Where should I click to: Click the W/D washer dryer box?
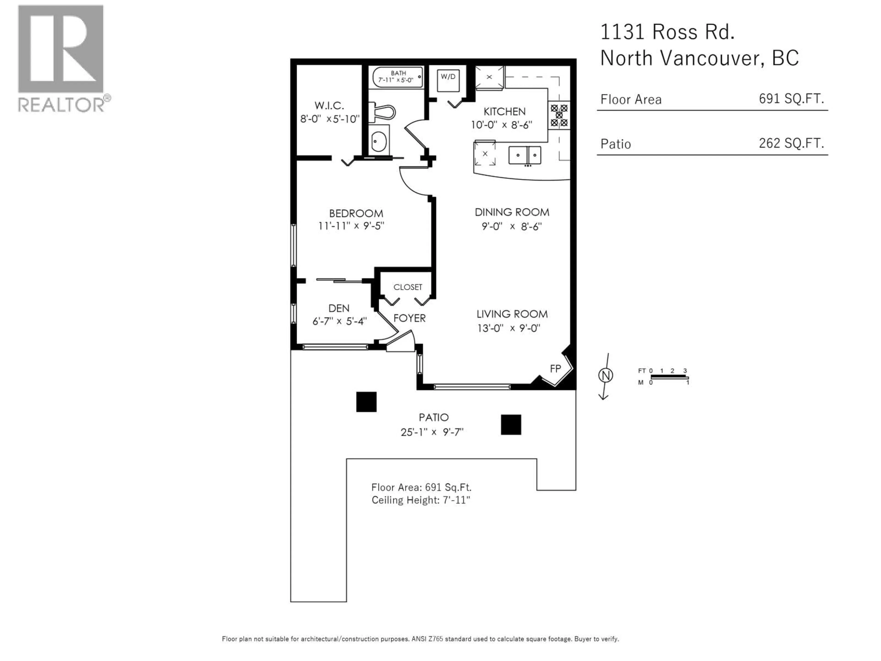pyautogui.click(x=448, y=81)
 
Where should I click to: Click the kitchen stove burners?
pyautogui.click(x=559, y=115)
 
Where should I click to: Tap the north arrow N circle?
pyautogui.click(x=605, y=375)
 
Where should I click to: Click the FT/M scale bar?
pyautogui.click(x=669, y=377)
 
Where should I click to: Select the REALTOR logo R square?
pyautogui.click(x=61, y=49)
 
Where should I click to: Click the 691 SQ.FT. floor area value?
pyautogui.click(x=791, y=98)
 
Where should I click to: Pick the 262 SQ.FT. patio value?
pyautogui.click(x=791, y=143)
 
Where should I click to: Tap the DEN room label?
pyautogui.click(x=339, y=308)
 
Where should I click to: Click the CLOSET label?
pyautogui.click(x=407, y=287)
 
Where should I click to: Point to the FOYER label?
pyautogui.click(x=410, y=318)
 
